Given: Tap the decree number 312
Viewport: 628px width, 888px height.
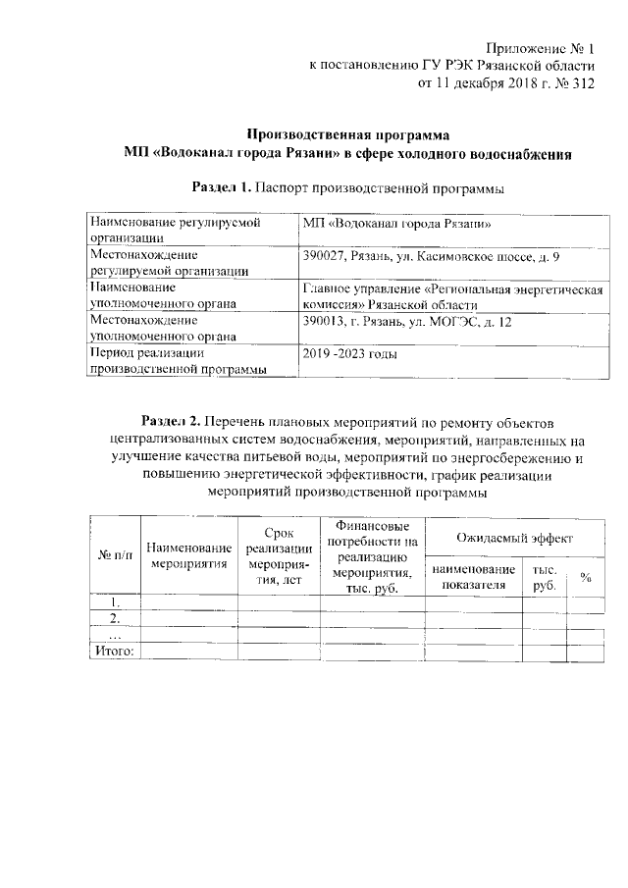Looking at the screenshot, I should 582,83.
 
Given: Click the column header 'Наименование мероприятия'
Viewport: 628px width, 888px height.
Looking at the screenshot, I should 189,555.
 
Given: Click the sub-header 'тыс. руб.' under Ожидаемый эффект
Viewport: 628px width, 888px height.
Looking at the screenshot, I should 545,577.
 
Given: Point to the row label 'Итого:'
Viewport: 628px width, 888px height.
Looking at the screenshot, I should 116,650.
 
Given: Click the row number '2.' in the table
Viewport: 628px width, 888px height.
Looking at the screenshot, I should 116,618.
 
